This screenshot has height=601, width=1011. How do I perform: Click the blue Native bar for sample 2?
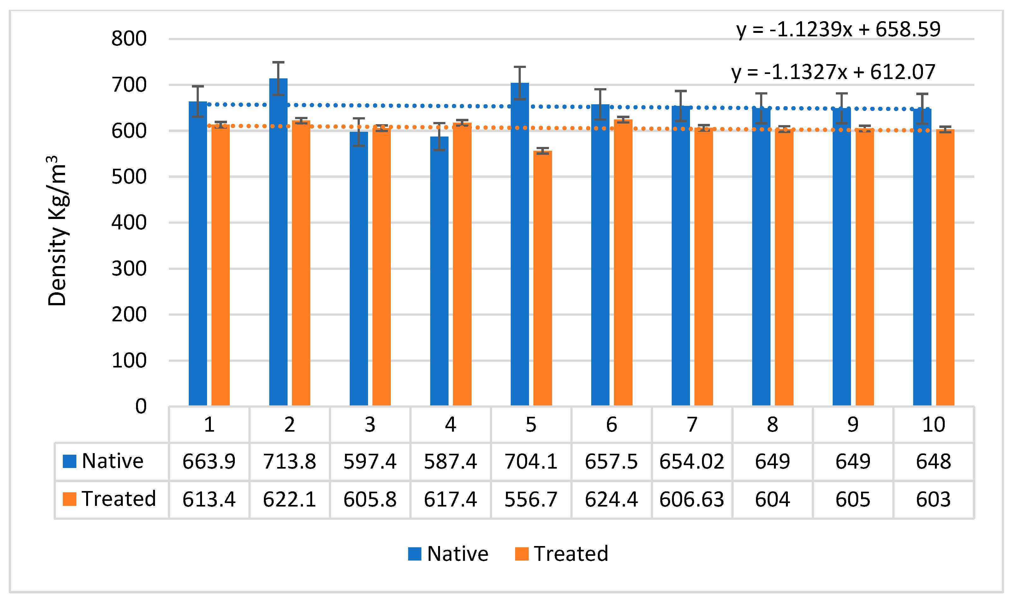278,243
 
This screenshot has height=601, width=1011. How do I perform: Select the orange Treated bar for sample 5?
543,279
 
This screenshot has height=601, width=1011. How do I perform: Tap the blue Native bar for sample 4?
439,271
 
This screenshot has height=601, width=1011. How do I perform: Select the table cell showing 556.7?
531,499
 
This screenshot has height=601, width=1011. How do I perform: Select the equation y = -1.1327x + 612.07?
833,72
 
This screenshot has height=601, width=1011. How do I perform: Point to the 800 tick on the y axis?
129,39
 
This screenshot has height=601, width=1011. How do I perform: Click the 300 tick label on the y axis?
129,269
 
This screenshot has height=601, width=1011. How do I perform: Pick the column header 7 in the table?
692,424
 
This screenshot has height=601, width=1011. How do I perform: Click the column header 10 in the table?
933,424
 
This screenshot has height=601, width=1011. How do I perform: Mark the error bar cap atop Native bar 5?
520,67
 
